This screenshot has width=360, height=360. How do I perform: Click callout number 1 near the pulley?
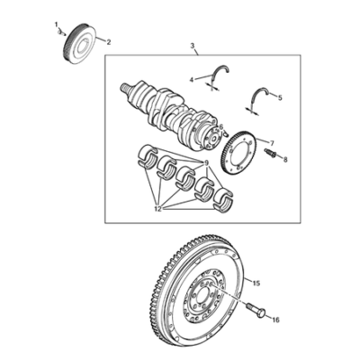(x=56, y=24)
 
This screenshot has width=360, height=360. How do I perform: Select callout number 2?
(x=108, y=42)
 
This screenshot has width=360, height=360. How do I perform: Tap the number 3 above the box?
(x=193, y=46)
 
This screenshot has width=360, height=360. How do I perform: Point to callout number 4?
(x=192, y=79)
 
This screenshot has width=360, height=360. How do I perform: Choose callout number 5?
(x=280, y=98)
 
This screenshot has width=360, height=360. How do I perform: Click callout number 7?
(x=273, y=142)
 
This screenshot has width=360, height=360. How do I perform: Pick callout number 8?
(x=285, y=160)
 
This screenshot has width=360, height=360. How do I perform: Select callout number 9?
(x=206, y=164)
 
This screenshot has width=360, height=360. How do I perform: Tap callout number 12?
(x=158, y=209)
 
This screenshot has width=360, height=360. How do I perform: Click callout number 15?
(x=256, y=283)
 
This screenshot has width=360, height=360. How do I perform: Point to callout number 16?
(x=275, y=320)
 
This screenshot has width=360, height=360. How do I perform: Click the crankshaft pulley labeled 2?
(x=80, y=42)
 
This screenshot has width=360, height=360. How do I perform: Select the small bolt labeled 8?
(x=269, y=152)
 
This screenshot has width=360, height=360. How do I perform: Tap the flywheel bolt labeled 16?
(x=256, y=310)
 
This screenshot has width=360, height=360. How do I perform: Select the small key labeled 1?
(x=62, y=32)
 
